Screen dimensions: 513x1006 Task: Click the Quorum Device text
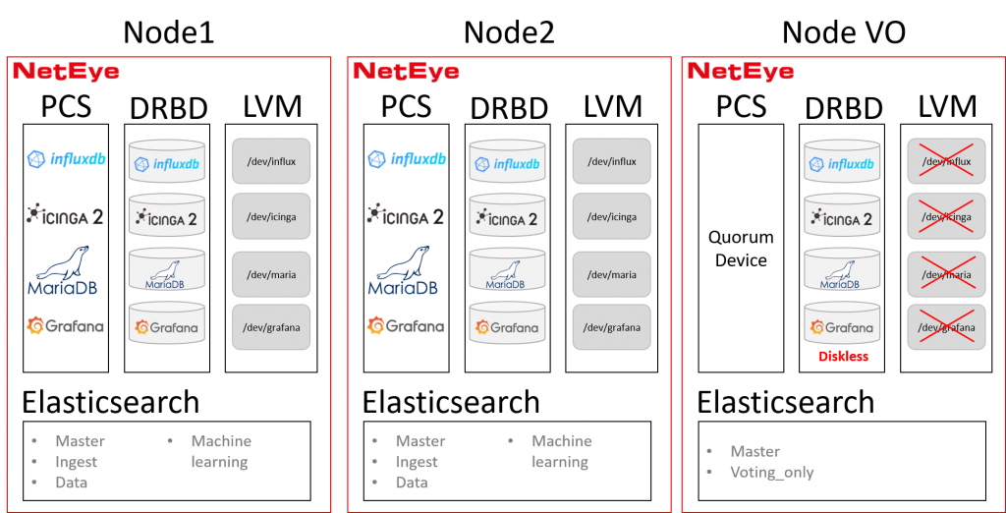tap(741, 249)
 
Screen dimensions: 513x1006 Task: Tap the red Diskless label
tap(844, 357)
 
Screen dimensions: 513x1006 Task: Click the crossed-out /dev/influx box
tap(946, 161)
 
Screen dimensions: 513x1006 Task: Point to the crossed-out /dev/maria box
tap(946, 275)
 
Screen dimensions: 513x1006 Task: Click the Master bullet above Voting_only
tap(754, 451)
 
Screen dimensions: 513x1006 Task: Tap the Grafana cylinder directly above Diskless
tap(840, 323)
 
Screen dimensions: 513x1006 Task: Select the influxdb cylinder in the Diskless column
tap(840, 161)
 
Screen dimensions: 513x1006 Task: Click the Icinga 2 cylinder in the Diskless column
tap(840, 217)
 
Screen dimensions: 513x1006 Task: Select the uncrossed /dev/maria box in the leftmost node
tap(271, 275)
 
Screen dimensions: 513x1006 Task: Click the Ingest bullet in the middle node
tap(417, 462)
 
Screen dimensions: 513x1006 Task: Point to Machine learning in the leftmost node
tap(220, 451)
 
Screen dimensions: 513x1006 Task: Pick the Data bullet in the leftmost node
tap(71, 483)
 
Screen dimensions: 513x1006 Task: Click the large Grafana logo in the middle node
tap(407, 325)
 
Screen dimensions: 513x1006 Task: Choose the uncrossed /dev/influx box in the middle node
tap(612, 161)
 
